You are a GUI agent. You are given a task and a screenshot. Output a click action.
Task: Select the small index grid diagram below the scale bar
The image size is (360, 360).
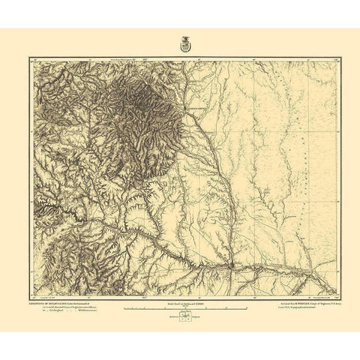click(180, 317)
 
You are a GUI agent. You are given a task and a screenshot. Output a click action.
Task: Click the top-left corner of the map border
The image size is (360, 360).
click(31, 58)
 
